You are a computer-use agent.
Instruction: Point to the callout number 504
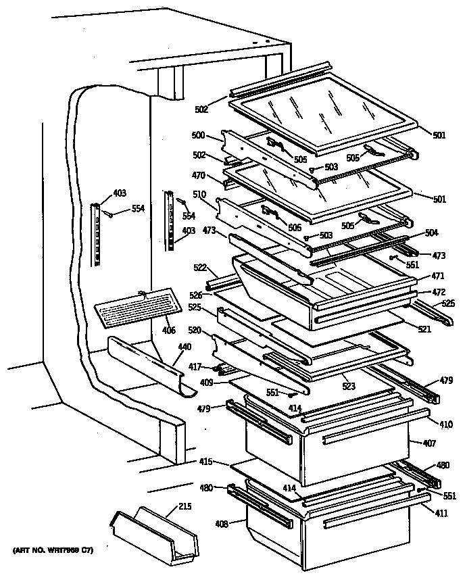pos(431,233)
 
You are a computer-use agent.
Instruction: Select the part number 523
pos(348,387)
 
